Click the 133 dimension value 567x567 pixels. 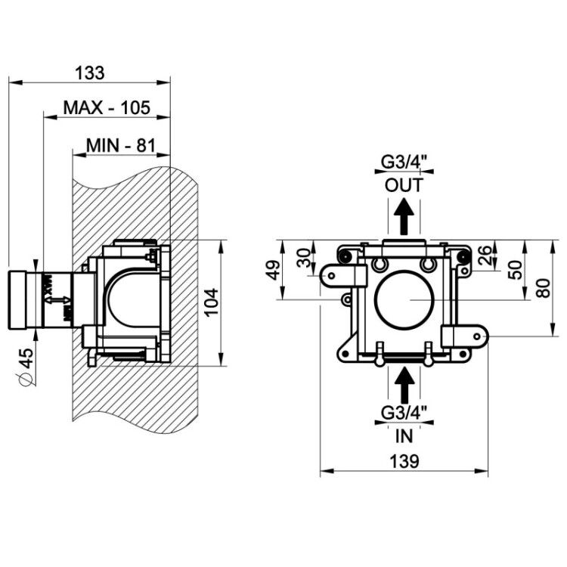coord(90,73)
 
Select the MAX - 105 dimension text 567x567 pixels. coord(107,107)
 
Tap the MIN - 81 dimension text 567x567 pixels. coord(121,145)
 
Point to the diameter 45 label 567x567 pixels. coord(26,367)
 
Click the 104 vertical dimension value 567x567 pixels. coord(212,302)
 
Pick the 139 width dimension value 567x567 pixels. coord(404,461)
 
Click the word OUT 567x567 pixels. coord(404,185)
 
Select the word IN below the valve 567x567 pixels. coord(404,436)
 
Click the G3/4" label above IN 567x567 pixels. coord(404,413)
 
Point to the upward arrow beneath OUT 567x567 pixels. coord(404,216)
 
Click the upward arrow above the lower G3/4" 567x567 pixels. coord(404,386)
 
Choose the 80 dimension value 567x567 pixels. coord(543,288)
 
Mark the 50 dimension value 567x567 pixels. coord(516,270)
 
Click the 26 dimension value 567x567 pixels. coord(485,255)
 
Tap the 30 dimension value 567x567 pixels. coord(304,258)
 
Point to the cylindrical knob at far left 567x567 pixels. coord(17,300)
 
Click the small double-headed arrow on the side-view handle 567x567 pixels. coord(58,300)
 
